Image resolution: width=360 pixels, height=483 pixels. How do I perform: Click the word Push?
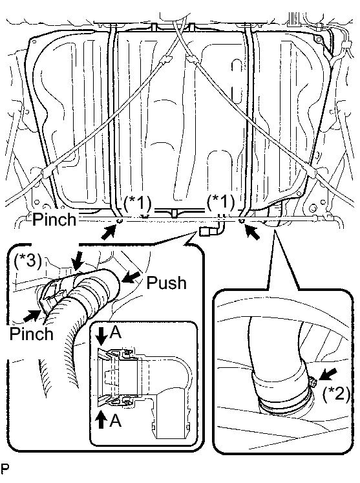166,283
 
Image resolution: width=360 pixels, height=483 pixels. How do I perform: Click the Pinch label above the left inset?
54,220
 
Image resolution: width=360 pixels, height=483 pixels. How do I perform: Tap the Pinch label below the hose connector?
32,334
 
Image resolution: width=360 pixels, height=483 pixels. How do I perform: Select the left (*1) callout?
138,203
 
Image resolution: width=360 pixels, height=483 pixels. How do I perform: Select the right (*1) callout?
221,202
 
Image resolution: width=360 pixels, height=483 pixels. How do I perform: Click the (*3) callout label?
28,261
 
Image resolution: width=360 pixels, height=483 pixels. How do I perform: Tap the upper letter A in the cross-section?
116,332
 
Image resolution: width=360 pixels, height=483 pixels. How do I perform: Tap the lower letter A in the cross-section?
116,420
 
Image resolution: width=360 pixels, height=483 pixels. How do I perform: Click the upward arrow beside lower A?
101,419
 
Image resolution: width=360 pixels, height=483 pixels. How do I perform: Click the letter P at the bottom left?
5,469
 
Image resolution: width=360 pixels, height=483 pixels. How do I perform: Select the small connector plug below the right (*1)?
206,231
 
